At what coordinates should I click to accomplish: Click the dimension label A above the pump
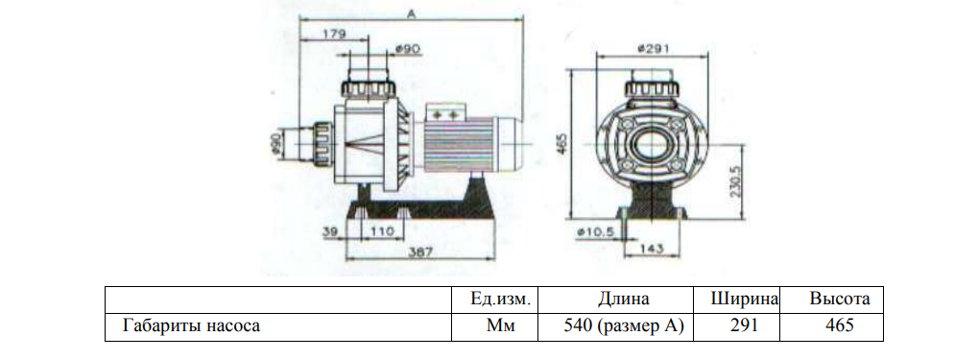tap(411, 12)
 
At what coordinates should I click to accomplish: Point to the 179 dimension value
tap(334, 34)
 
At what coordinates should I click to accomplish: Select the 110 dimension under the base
tap(382, 230)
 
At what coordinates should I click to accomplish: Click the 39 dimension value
tap(330, 230)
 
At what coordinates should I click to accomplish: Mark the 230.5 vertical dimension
tap(735, 180)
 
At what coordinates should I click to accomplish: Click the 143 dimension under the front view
tap(651, 249)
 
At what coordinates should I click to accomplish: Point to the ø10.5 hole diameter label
tap(596, 231)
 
